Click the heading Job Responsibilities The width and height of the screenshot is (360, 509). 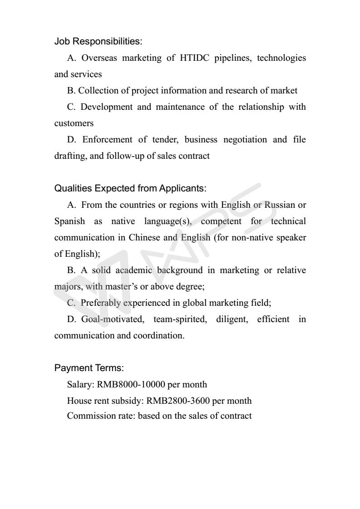click(x=98, y=41)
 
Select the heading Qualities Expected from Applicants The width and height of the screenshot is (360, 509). click(x=130, y=188)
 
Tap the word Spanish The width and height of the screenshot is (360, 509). click(x=69, y=221)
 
